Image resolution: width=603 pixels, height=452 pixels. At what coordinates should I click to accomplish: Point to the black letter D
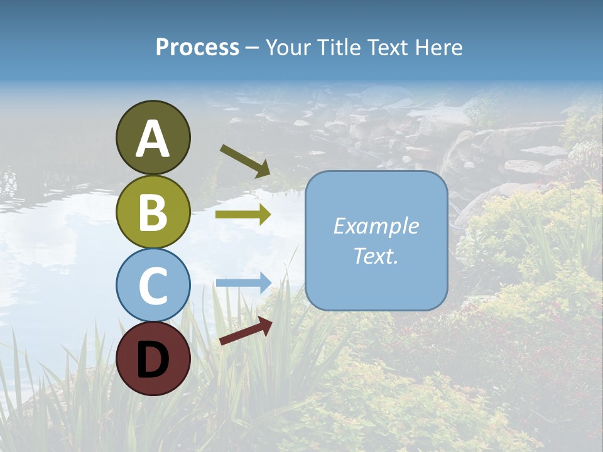point(153,360)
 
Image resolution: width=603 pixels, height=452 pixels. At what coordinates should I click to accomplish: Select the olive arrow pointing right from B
point(243,215)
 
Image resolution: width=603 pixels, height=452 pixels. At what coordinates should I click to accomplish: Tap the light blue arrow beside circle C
point(243,283)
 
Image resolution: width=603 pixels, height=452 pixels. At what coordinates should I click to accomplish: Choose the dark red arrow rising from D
point(246,331)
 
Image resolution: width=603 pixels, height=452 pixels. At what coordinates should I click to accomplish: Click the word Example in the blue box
point(376,226)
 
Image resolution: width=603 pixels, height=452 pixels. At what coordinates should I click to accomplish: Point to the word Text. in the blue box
point(376,256)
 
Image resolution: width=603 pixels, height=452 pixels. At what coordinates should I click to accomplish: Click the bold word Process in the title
point(197,47)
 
